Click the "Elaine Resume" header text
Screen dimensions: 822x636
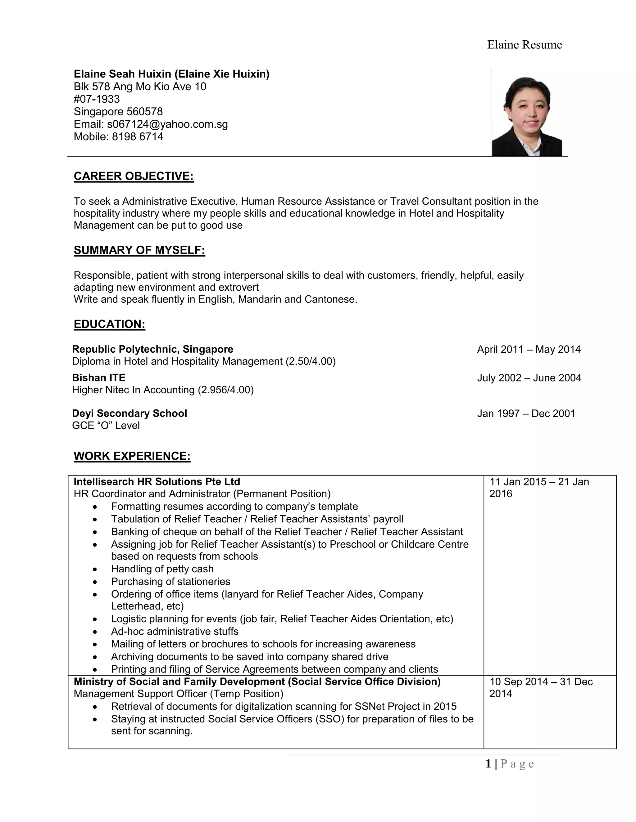click(524, 45)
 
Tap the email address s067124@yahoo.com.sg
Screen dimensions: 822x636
click(167, 124)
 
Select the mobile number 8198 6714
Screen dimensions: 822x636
click(138, 136)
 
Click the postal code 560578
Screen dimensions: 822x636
click(145, 112)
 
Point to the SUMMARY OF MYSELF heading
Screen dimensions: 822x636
click(139, 250)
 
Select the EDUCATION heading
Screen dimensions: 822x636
click(109, 324)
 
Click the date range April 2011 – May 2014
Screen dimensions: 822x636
click(529, 349)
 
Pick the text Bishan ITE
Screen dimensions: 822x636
click(99, 377)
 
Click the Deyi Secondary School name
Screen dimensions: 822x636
click(129, 413)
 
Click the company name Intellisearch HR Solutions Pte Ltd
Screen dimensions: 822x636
click(157, 482)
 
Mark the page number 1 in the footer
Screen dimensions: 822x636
click(488, 764)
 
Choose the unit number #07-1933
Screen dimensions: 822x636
click(97, 99)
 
